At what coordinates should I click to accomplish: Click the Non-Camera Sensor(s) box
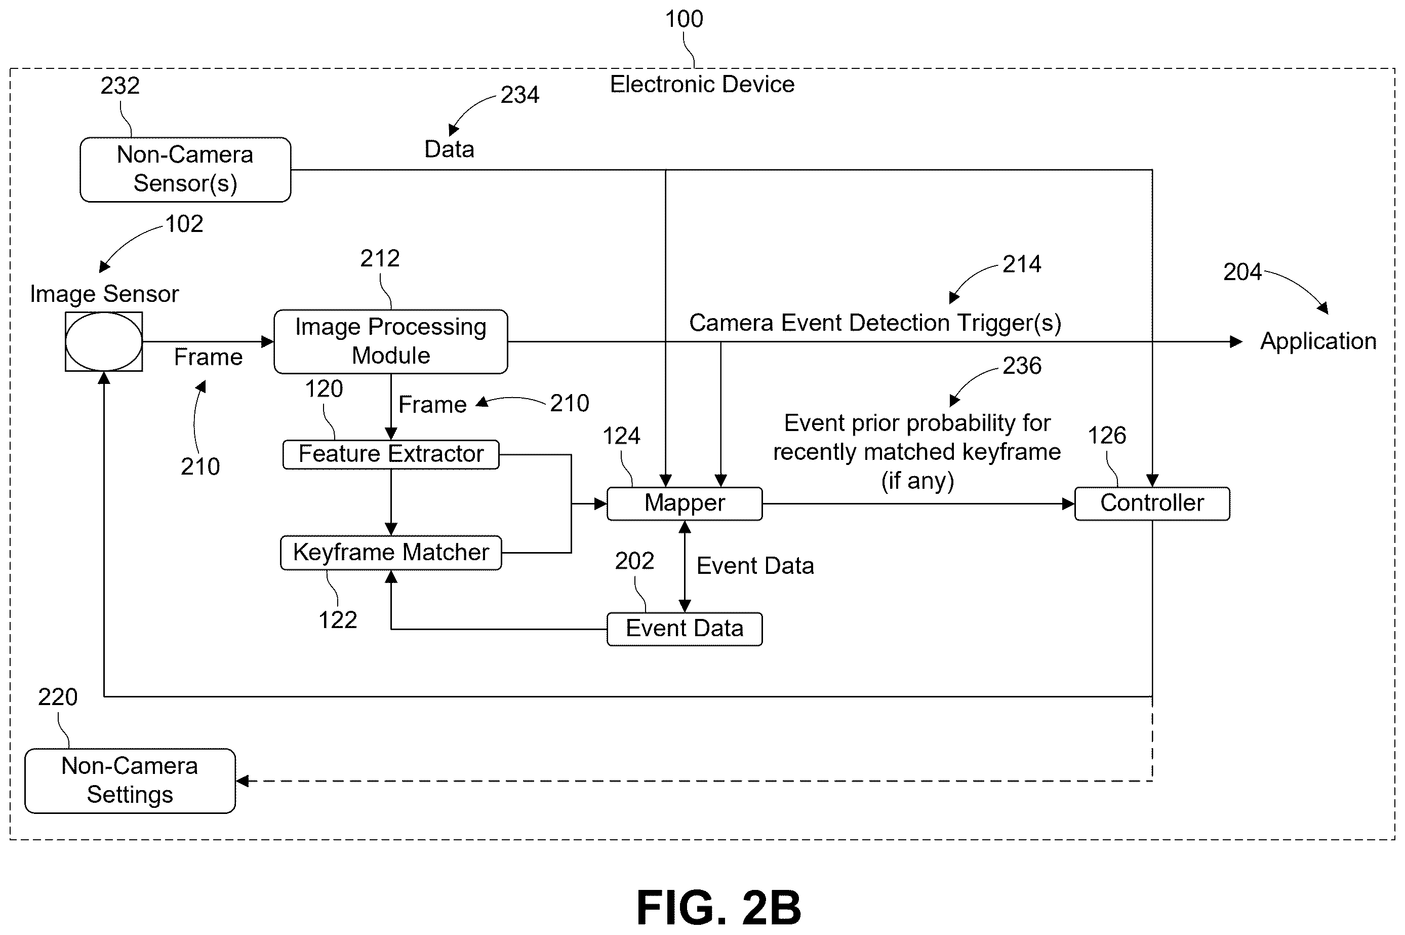[185, 170]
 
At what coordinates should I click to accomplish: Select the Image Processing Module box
[390, 342]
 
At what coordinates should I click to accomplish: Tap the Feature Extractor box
[391, 454]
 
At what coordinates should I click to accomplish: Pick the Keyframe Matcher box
[391, 553]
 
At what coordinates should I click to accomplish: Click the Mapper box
[685, 504]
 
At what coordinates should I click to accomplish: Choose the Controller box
[1152, 504]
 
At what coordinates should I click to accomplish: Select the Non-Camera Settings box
[130, 781]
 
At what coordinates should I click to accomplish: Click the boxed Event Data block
[685, 629]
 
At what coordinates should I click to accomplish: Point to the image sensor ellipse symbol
[104, 342]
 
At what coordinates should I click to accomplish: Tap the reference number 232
[120, 86]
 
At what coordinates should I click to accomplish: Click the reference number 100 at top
[684, 19]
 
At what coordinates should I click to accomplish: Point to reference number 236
[1022, 366]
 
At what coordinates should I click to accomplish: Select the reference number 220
[58, 697]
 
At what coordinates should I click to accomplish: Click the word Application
[1318, 342]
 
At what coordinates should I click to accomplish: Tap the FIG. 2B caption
[719, 907]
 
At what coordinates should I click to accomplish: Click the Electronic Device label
[702, 84]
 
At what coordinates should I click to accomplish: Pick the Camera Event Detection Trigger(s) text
[875, 323]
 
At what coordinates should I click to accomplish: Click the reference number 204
[1242, 272]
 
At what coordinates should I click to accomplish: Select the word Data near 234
[449, 149]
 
